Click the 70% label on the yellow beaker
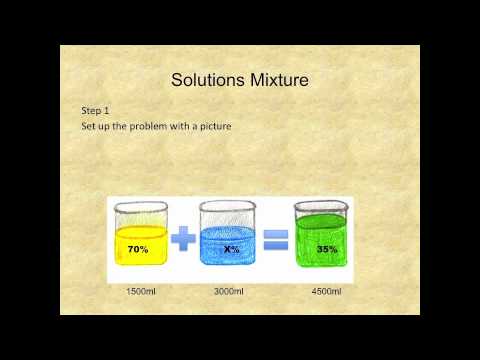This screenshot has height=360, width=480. [x=138, y=249]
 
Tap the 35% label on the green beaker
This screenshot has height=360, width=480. [x=325, y=249]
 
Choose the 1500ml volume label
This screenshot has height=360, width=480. [x=140, y=293]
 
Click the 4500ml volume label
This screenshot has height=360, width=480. [x=326, y=293]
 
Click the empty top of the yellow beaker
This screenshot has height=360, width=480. [x=140, y=214]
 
